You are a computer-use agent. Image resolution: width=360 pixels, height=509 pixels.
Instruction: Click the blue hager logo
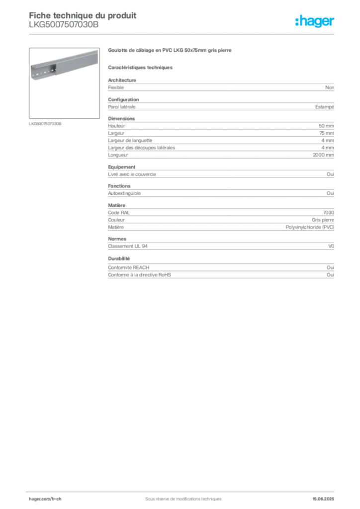tap(315, 22)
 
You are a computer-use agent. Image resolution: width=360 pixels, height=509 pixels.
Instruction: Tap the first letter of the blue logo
tap(297, 22)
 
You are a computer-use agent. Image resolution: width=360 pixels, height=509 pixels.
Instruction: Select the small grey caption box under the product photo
tap(46, 123)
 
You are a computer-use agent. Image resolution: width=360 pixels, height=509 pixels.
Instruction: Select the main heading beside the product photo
tap(171, 51)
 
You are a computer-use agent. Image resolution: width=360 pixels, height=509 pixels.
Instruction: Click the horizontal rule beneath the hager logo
tap(219, 34)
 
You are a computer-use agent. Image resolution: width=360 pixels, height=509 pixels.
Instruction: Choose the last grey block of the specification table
tap(221, 272)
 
